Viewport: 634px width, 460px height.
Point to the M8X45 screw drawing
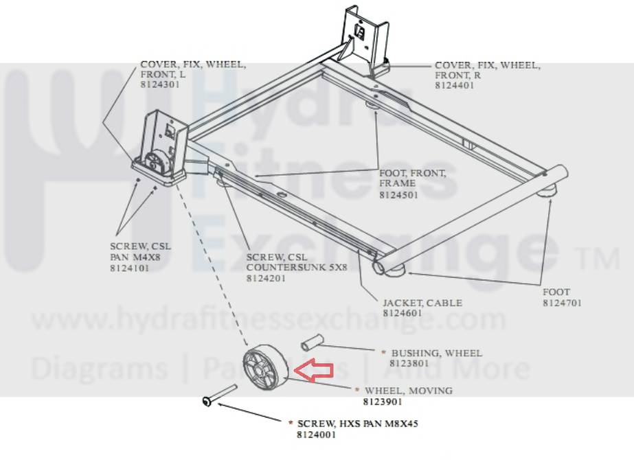click(x=219, y=397)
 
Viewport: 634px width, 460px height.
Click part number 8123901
click(x=383, y=402)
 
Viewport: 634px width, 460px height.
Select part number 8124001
click(x=317, y=435)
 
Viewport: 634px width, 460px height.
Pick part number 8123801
click(x=409, y=363)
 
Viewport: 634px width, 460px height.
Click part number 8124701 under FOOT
click(x=563, y=303)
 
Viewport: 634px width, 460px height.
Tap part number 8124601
click(x=403, y=314)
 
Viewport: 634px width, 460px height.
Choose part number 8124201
click(x=267, y=279)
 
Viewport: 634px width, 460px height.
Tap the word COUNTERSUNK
click(x=281, y=268)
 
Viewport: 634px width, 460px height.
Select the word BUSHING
click(x=415, y=353)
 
